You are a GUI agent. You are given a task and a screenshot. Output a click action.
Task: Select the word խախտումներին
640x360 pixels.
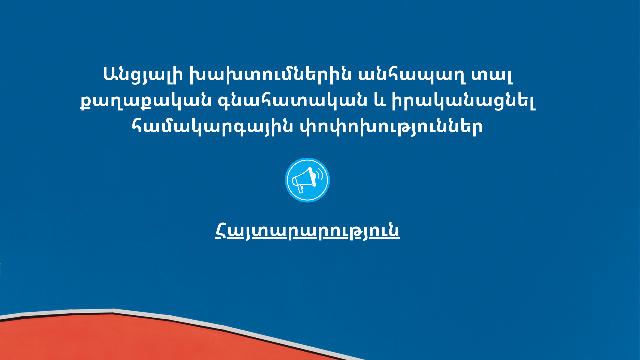[270, 74]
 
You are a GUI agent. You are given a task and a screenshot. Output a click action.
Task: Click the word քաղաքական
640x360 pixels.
[146, 100]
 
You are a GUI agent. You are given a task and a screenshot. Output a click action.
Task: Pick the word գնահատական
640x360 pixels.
[292, 100]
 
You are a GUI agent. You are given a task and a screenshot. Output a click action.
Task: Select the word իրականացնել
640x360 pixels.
[463, 100]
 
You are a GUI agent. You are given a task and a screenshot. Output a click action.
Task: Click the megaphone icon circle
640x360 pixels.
[307, 180]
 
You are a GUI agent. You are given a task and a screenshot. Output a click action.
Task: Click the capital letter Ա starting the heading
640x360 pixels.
[110, 74]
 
